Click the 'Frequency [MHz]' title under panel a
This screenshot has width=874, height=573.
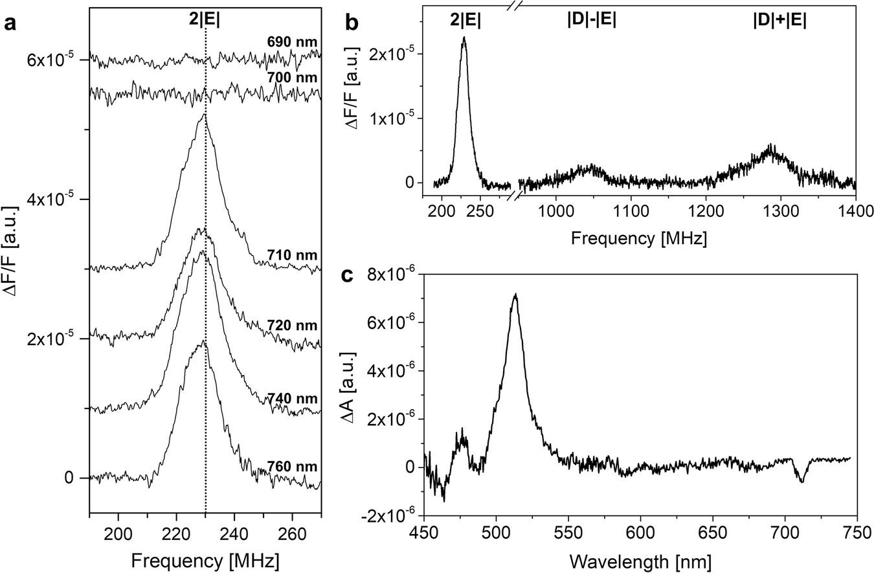tap(205, 561)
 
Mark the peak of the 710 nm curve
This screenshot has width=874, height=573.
tap(205, 115)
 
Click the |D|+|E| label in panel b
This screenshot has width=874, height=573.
tap(779, 20)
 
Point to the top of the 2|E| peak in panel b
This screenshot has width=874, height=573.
tap(464, 38)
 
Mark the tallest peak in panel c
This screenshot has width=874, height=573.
tap(515, 295)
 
